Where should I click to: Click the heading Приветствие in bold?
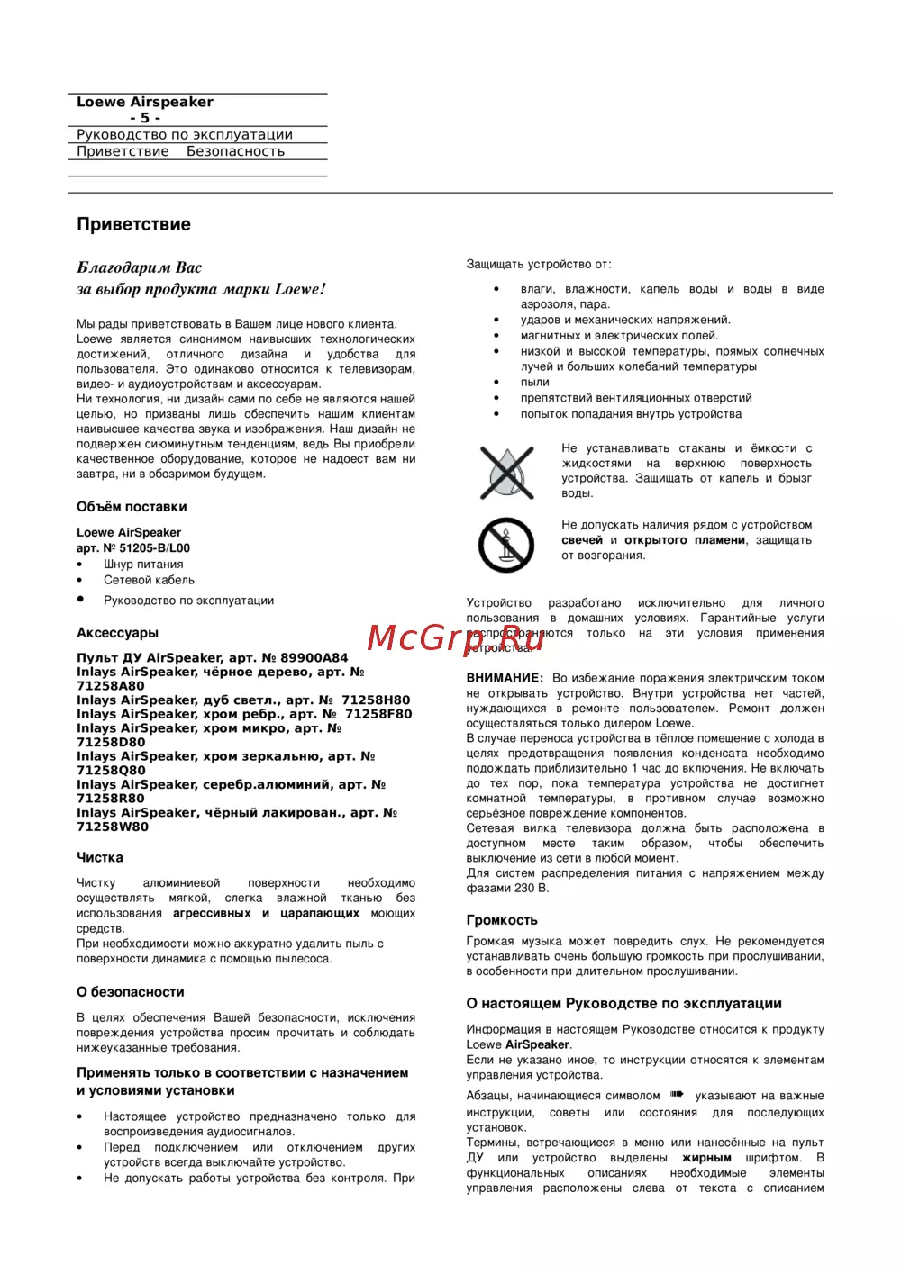[133, 224]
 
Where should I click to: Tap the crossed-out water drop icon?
[507, 472]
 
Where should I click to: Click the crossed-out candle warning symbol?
[506, 544]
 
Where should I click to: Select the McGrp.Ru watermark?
[455, 638]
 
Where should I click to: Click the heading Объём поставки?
[132, 507]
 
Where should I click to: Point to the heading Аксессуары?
[117, 633]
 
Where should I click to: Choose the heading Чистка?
[100, 858]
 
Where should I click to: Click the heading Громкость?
[502, 920]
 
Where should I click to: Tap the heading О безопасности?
[131, 992]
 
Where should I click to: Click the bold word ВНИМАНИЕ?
[505, 678]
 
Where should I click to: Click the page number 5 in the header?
[145, 118]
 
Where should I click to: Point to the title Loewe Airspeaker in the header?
[145, 102]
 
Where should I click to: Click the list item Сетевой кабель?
[149, 580]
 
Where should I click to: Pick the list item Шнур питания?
[143, 564]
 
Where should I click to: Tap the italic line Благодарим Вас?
[140, 267]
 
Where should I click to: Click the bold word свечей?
[582, 540]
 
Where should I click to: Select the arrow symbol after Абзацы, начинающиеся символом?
[678, 1095]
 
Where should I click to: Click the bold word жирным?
[706, 1158]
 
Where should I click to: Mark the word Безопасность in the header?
[235, 151]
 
